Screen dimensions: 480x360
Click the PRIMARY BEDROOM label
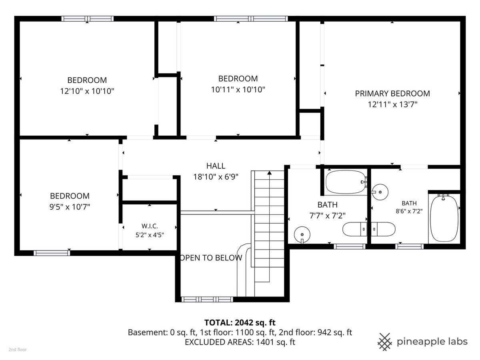pyautogui.click(x=392, y=94)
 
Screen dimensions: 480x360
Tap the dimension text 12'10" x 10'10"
pyautogui.click(x=87, y=91)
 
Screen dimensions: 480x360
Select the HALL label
pyautogui.click(x=216, y=166)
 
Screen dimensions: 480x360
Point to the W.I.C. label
pyautogui.click(x=150, y=226)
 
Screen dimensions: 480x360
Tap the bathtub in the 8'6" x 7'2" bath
pyautogui.click(x=444, y=218)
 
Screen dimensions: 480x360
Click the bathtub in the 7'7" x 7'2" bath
pyautogui.click(x=346, y=182)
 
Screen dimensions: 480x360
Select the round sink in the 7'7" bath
pyautogui.click(x=302, y=234)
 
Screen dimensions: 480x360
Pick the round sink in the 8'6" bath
pyautogui.click(x=380, y=192)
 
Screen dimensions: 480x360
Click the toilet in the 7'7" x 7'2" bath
pyautogui.click(x=354, y=229)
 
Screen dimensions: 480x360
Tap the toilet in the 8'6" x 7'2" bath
pyautogui.click(x=383, y=229)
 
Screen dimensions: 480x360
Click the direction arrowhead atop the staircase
pyautogui.click(x=270, y=173)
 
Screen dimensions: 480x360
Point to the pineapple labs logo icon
pyautogui.click(x=384, y=342)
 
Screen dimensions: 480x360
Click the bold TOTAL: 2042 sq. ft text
pyautogui.click(x=240, y=322)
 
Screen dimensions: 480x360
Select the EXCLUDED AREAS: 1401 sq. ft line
pyautogui.click(x=240, y=342)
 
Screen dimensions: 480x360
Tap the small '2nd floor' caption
pyautogui.click(x=18, y=350)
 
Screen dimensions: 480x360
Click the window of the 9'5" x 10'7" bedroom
pyautogui.click(x=52, y=253)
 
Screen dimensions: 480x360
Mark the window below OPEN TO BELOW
pyautogui.click(x=207, y=299)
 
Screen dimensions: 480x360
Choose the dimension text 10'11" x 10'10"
pyautogui.click(x=238, y=89)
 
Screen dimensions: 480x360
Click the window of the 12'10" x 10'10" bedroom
pyautogui.click(x=88, y=18)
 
